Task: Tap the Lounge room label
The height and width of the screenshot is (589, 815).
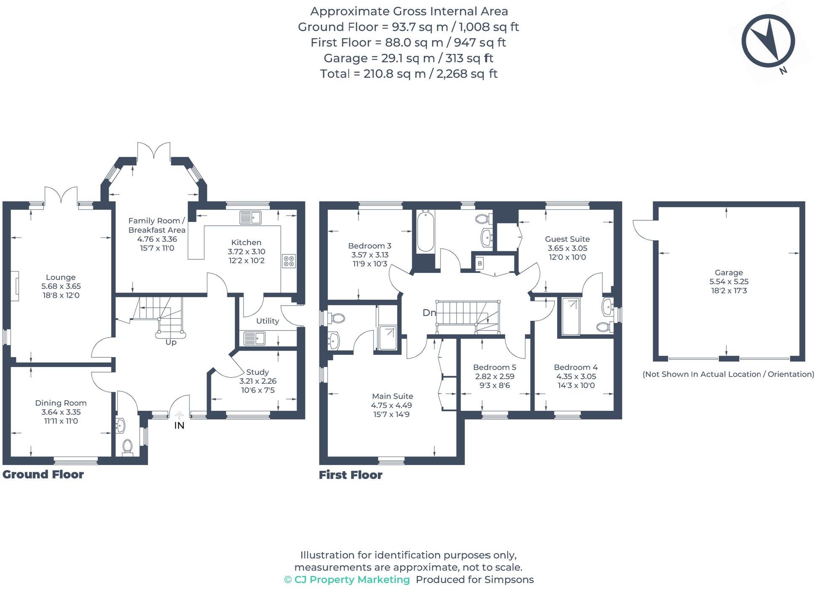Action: click(x=61, y=277)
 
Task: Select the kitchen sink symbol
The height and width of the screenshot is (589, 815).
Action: click(x=250, y=217)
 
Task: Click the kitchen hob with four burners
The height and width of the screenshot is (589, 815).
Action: click(x=289, y=261)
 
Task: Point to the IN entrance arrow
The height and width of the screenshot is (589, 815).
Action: click(x=179, y=416)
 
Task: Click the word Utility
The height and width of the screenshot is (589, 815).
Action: click(x=268, y=321)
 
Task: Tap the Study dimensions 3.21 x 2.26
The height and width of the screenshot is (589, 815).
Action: click(x=258, y=381)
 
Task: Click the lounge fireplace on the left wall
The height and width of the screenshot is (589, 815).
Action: click(x=15, y=286)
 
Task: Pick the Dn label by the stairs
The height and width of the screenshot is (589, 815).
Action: click(x=429, y=312)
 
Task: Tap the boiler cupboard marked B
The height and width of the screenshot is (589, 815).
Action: click(x=480, y=264)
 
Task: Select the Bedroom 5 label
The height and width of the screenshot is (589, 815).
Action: click(x=494, y=367)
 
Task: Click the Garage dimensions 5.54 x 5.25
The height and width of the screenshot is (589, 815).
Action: click(x=729, y=282)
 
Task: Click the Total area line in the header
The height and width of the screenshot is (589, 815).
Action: click(x=409, y=74)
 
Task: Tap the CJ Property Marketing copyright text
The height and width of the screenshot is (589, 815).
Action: click(x=347, y=579)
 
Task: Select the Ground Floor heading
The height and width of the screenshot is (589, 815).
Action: click(x=43, y=474)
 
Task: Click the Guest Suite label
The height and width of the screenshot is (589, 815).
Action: click(x=567, y=239)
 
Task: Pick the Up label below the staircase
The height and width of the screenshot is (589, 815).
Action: click(x=171, y=342)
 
